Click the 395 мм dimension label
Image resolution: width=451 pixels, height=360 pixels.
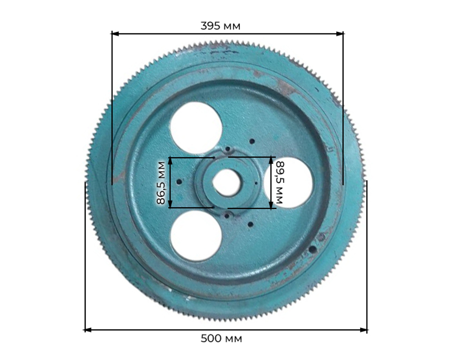pyautogui.click(x=221, y=26)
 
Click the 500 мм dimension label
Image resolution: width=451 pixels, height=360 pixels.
pyautogui.click(x=221, y=338)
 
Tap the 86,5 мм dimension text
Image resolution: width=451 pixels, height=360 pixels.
pyautogui.click(x=161, y=183)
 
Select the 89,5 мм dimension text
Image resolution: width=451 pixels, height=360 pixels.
pyautogui.click(x=280, y=182)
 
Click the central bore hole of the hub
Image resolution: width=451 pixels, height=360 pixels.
pyautogui.click(x=226, y=183)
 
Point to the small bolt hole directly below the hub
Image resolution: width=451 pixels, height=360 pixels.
pyautogui.click(x=227, y=216)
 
